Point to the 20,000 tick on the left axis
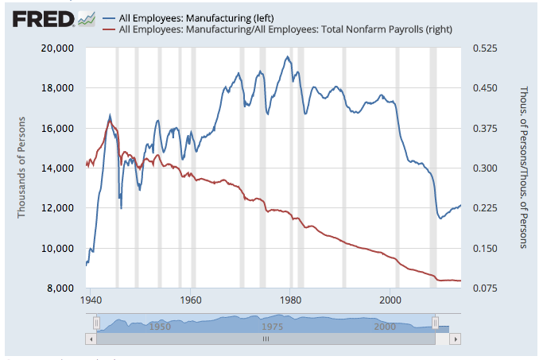click(57, 48)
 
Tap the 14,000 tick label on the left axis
click(57, 168)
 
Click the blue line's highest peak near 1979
click(287, 56)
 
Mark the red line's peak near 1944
click(110, 120)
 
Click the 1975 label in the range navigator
click(271, 327)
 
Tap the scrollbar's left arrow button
click(90, 339)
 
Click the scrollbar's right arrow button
click(456, 339)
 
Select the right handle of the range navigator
click(435, 323)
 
